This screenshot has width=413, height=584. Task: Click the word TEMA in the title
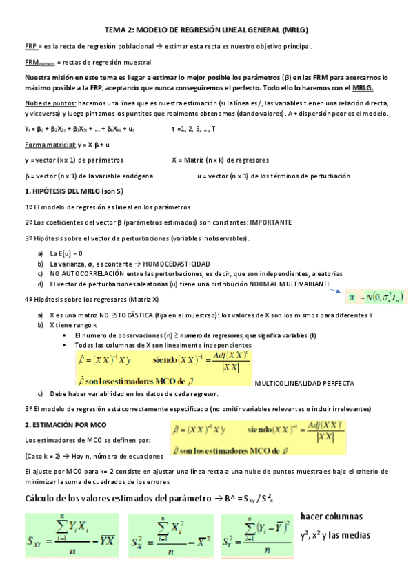click(114, 31)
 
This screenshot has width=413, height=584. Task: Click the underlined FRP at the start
click(30, 47)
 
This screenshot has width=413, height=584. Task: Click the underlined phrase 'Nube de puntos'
click(46, 103)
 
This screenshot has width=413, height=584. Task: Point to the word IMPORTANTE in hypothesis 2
click(271, 222)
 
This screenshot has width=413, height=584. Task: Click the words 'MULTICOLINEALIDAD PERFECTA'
click(304, 383)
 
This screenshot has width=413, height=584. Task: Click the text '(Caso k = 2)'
click(45, 457)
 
